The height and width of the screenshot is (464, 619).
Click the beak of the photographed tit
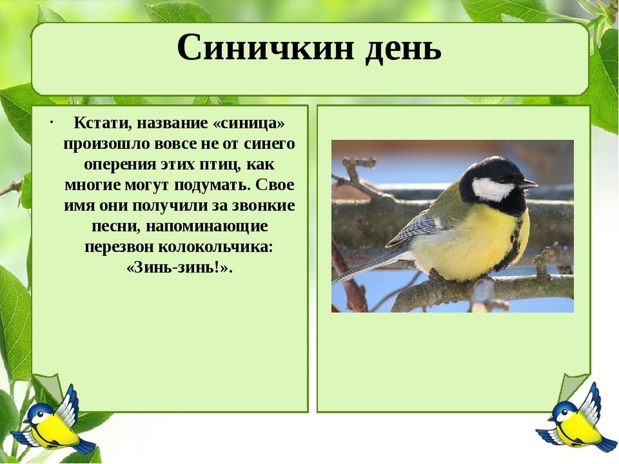[x=529, y=184]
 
